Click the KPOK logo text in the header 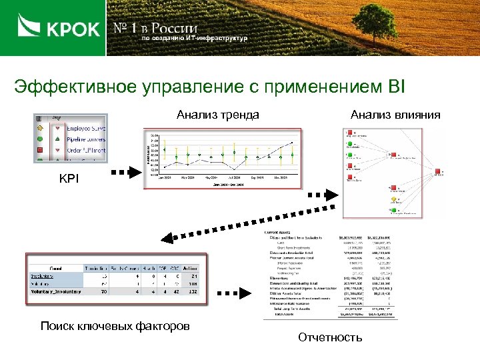(73, 29)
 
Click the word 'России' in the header (175, 28)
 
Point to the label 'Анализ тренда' (218, 115)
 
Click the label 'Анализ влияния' (395, 115)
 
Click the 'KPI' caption (69, 178)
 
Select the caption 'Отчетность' (330, 337)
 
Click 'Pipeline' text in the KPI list (77, 139)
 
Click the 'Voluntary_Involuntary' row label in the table (55, 291)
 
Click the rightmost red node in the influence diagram (438, 170)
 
